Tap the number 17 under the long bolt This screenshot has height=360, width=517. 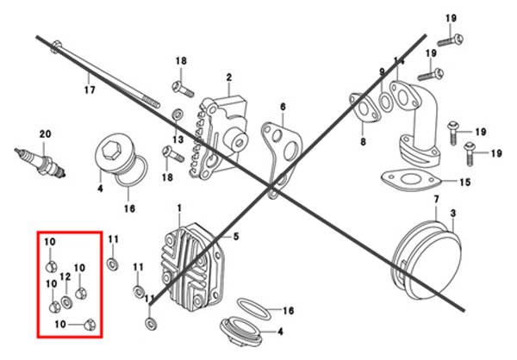tap(90, 89)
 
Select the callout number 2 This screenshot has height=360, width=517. tap(229, 78)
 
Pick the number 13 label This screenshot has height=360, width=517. tap(178, 140)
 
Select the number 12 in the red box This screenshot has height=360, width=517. tap(65, 277)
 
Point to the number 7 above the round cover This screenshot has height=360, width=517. tap(436, 199)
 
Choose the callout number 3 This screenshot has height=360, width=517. tap(455, 212)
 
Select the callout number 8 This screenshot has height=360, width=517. tap(362, 142)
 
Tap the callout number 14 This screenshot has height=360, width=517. tap(398, 60)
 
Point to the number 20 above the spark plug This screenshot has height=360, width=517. tap(45, 133)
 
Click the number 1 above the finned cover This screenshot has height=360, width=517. tap(179, 208)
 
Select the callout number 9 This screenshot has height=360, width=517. tap(381, 70)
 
